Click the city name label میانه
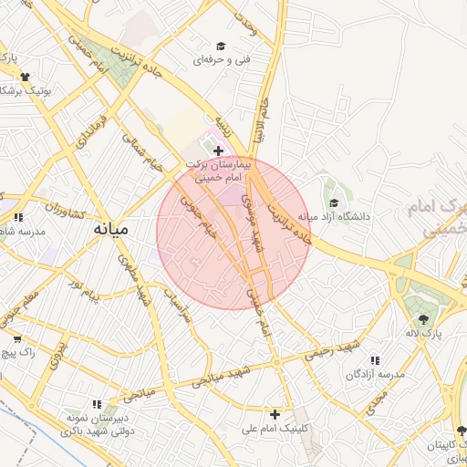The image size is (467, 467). pos(109,231)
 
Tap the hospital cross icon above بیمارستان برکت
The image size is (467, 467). pos(218,150)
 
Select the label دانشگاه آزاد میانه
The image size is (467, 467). pos(339,217)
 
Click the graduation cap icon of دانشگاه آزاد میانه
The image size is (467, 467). pos(334,202)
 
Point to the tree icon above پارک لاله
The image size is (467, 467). pos(423,319)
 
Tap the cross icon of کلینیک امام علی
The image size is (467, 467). pos(274,414)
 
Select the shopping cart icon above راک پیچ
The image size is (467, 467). pos(14,335)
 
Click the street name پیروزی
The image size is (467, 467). pos(57,353)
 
